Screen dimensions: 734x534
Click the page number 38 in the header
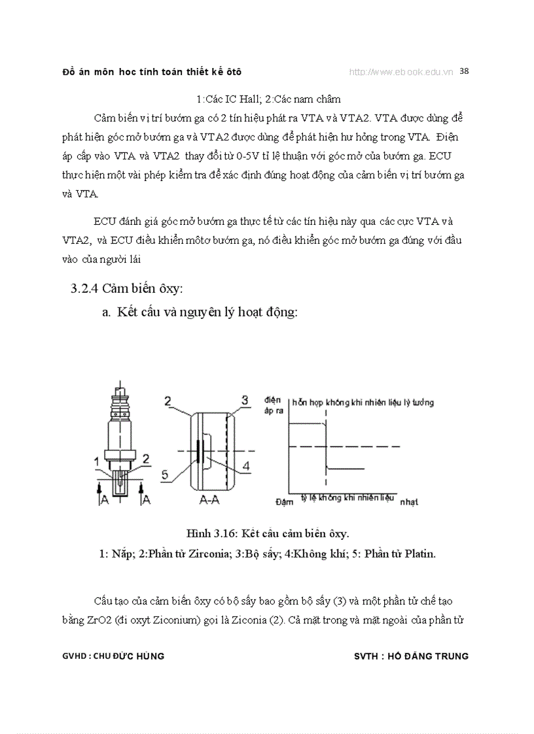464,71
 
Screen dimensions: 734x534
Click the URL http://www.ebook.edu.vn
401,72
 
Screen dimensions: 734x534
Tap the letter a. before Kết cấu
107,312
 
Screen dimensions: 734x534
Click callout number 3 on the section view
244,399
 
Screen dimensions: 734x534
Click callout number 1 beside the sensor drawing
96,461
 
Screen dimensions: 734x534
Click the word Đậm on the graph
285,502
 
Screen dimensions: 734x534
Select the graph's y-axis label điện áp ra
272,405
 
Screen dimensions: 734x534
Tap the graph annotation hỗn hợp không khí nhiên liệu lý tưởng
363,403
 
